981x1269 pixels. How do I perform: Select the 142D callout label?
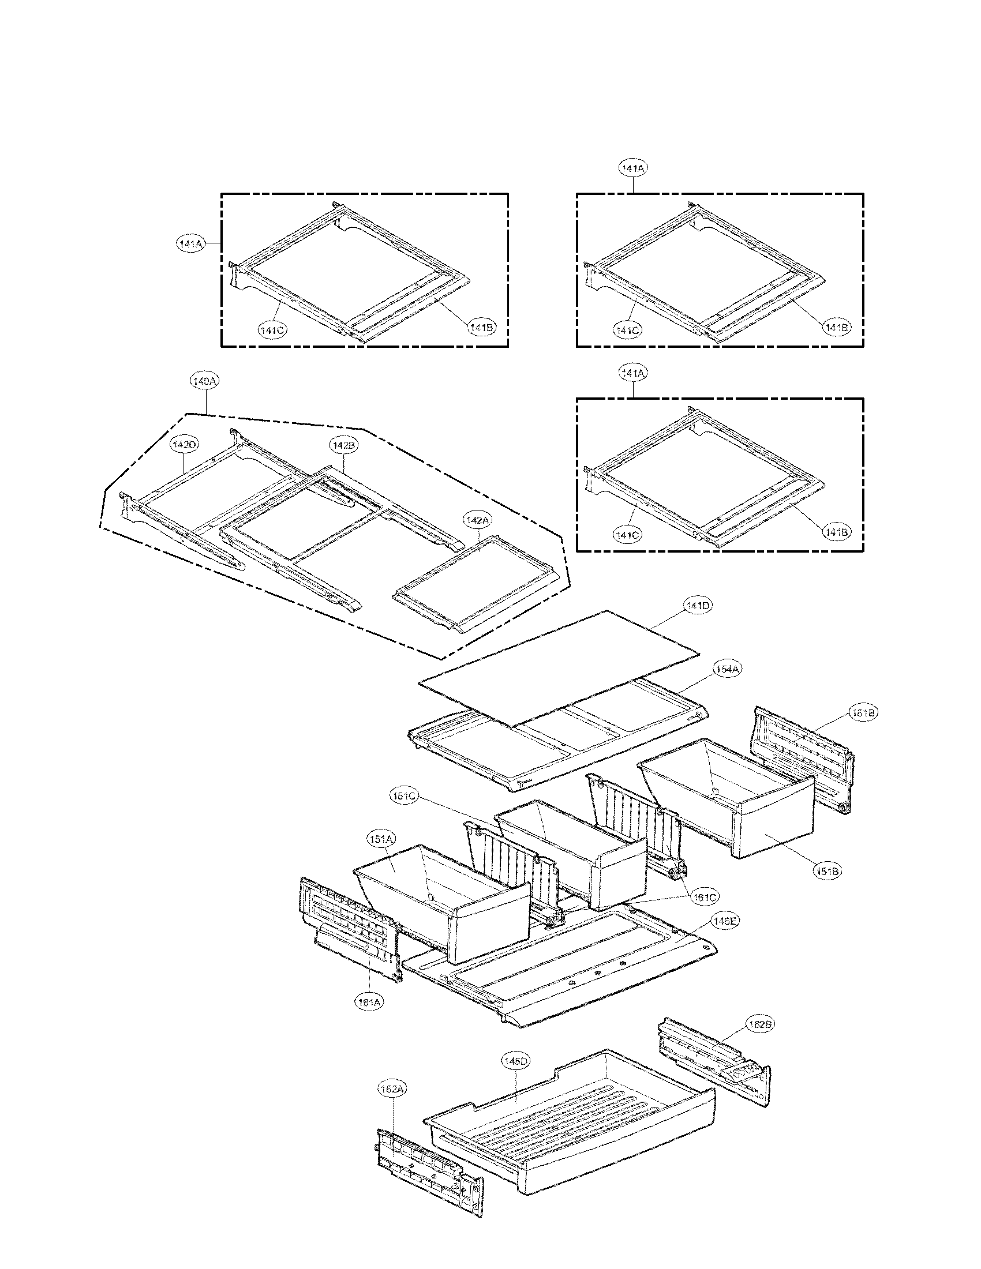click(184, 445)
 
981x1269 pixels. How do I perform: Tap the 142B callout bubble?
click(344, 445)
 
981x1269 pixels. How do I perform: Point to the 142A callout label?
click(477, 520)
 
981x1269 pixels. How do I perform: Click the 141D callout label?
click(697, 606)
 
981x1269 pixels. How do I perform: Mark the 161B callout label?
click(863, 713)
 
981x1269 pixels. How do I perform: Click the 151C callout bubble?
click(403, 796)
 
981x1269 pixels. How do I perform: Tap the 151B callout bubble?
click(828, 872)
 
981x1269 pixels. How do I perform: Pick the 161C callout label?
click(705, 897)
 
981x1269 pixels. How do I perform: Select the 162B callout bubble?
click(759, 1024)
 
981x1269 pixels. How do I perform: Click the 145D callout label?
click(516, 1061)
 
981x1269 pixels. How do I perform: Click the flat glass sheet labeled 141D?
click(558, 668)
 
